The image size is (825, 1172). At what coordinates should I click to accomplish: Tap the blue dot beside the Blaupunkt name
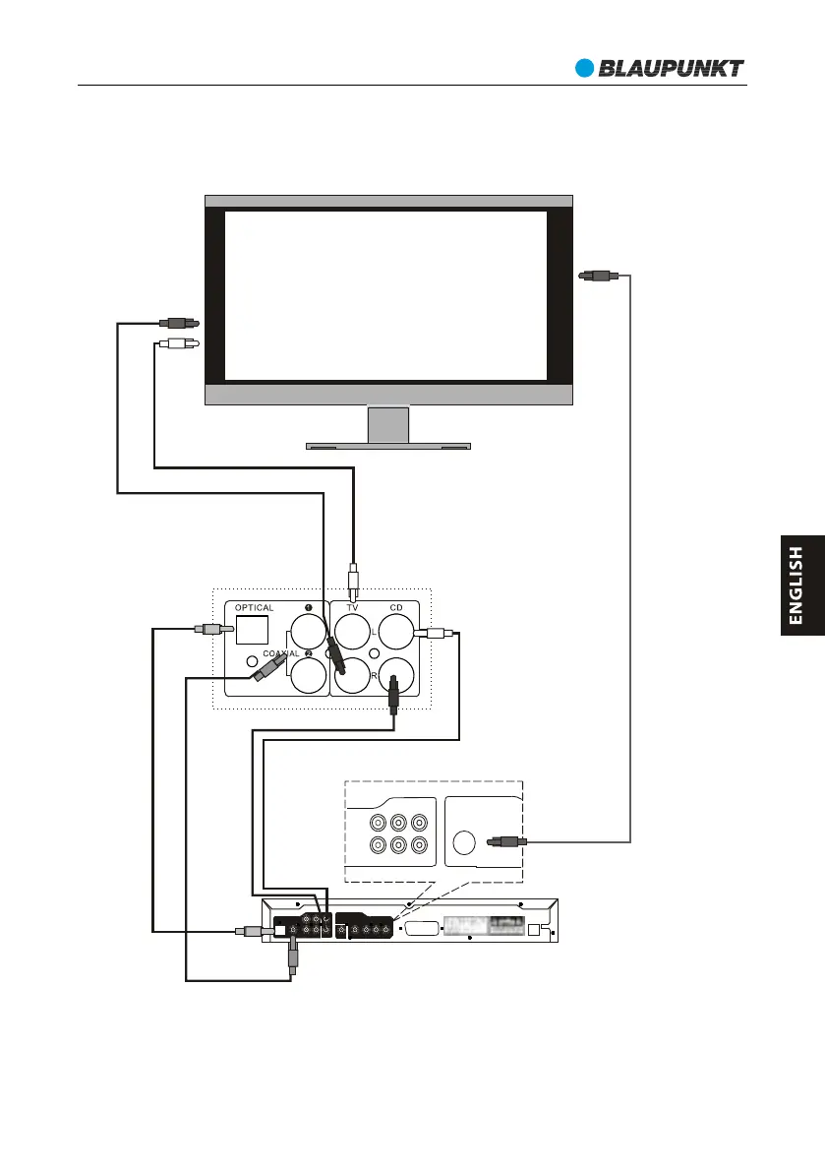tap(585, 68)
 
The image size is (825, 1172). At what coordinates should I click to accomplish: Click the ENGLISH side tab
tap(796, 586)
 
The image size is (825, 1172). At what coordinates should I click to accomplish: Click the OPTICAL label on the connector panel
tap(255, 608)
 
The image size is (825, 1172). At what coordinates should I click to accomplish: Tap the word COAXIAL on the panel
tap(286, 653)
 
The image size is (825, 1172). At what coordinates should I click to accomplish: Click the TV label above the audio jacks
tap(351, 608)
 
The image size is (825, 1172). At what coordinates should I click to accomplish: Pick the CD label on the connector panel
tap(396, 608)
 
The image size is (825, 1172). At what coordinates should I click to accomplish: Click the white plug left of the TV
tap(177, 344)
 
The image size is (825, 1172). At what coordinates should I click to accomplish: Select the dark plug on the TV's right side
tap(597, 277)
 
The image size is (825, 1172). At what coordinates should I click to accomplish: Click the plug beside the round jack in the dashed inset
tap(507, 841)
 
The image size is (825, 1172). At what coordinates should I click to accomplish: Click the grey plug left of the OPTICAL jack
tap(212, 628)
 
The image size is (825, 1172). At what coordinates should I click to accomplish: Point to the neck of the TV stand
tap(388, 423)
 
